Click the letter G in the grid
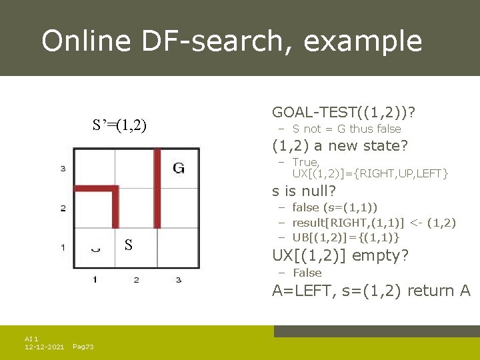pos(179,167)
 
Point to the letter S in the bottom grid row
pos(129,246)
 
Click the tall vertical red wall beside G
pos(157,187)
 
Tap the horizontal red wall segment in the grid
pos(95,189)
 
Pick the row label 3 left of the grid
pos(63,168)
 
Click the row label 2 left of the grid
pos(63,208)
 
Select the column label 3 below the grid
pos(179,279)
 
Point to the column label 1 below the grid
pos(95,279)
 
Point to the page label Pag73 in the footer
pos(83,347)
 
